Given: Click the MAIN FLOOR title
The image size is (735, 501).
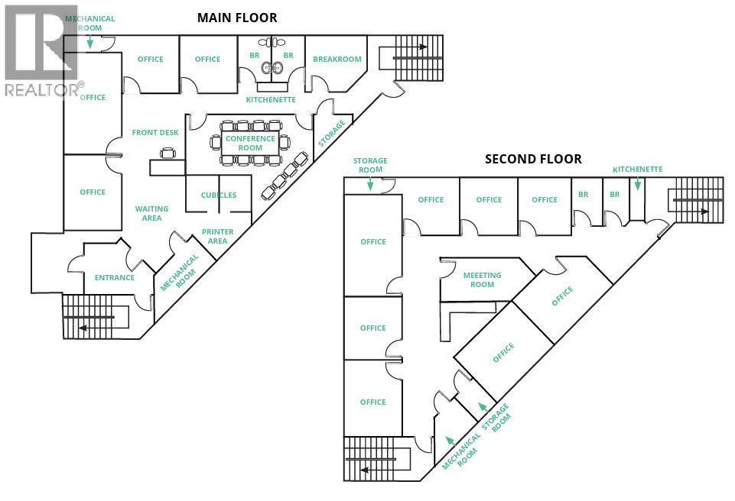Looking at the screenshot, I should pos(237,17).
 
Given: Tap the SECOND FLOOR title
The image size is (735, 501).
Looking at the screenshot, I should pos(533,159).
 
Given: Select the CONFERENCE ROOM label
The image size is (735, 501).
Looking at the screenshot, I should pos(250,144).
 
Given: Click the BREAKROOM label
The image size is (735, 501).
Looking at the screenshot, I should pos(337,59).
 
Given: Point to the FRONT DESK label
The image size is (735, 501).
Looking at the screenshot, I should pos(155,132).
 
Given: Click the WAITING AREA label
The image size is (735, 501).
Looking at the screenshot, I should pos(151,213).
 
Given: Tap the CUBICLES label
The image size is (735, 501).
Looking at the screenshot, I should pos(219,195).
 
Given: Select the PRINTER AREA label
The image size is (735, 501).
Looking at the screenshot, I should pos(217,236).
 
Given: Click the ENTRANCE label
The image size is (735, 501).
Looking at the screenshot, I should pos(114,277).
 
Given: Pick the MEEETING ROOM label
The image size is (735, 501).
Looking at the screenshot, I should pos(482,280).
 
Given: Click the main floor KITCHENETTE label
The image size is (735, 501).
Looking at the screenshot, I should pos(271,100).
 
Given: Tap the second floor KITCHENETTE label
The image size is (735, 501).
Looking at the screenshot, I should pos(637,169).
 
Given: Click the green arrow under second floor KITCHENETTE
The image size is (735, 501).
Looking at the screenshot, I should pos(637,184).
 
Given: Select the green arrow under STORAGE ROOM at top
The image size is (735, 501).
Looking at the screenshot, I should pos(370,183).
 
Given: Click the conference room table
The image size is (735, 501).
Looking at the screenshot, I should pos(250,143).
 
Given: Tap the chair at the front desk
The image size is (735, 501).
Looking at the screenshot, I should pos(168,153).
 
